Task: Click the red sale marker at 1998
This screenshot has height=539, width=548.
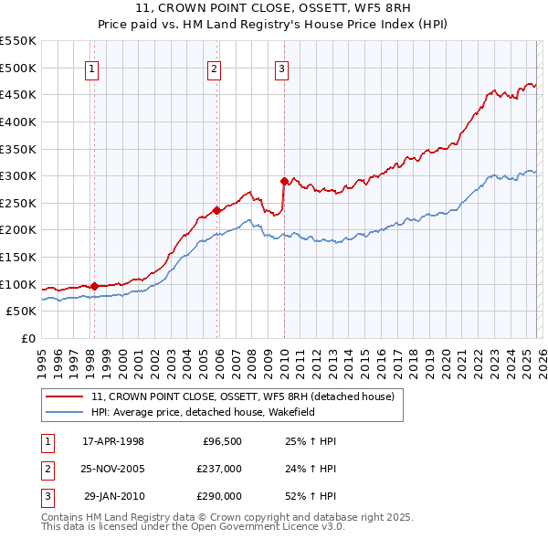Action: pos(94,286)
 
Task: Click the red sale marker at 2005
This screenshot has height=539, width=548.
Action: pos(216,210)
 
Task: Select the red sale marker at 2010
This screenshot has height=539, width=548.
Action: pos(284,181)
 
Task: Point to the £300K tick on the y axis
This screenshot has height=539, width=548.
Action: pos(18,175)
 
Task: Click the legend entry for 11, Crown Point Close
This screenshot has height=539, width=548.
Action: pos(242,396)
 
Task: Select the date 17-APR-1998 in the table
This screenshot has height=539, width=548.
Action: pos(113,441)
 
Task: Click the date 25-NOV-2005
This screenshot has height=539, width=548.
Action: pos(113,469)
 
